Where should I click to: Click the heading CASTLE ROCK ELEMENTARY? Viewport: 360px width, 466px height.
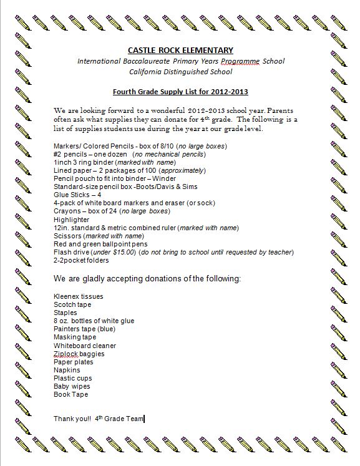(180, 50)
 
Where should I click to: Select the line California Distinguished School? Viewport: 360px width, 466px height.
(180, 72)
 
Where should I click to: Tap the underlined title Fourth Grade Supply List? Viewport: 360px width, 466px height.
(180, 92)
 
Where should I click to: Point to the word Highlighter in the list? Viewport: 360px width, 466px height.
(72, 220)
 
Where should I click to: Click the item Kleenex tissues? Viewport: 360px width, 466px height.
(79, 296)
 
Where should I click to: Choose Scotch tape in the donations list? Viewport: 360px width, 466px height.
(72, 304)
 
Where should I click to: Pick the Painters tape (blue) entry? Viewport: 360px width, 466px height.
(84, 329)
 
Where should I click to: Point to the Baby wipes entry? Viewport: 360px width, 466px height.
(71, 386)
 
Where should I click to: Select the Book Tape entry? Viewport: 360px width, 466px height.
(71, 394)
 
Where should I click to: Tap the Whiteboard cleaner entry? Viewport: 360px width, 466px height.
(85, 346)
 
